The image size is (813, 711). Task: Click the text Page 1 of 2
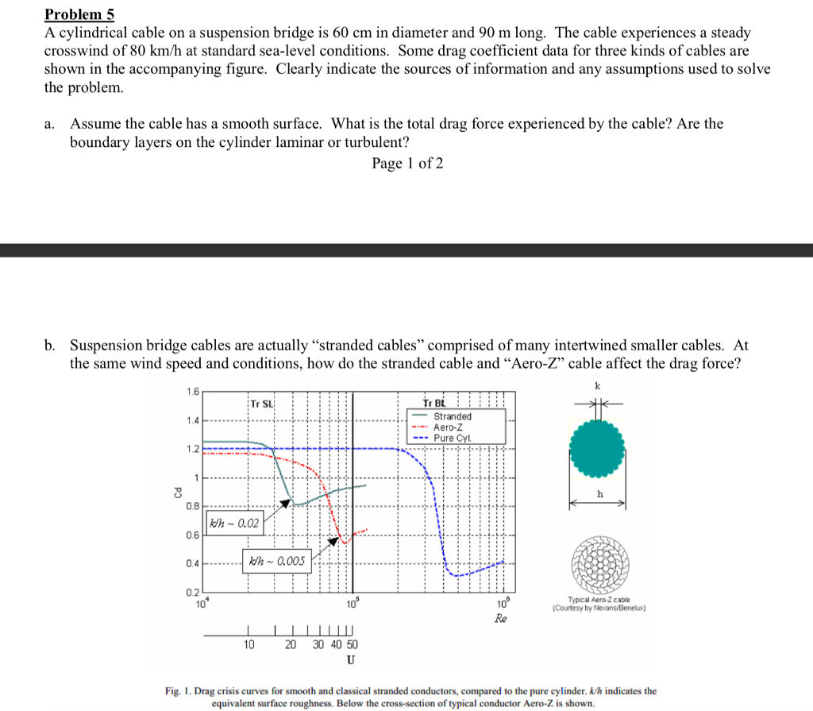click(407, 164)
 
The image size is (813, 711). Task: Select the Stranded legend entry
click(452, 416)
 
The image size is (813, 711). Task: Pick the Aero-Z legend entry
click(449, 427)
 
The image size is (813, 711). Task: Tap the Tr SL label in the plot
click(262, 404)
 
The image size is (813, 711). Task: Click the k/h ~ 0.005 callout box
click(276, 562)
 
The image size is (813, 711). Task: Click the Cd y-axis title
click(179, 493)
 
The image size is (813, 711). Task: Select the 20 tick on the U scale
click(291, 645)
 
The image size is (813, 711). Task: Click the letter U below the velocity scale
click(350, 660)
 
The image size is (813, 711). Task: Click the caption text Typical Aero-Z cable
click(599, 600)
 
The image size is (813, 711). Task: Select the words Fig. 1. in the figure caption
click(179, 691)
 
